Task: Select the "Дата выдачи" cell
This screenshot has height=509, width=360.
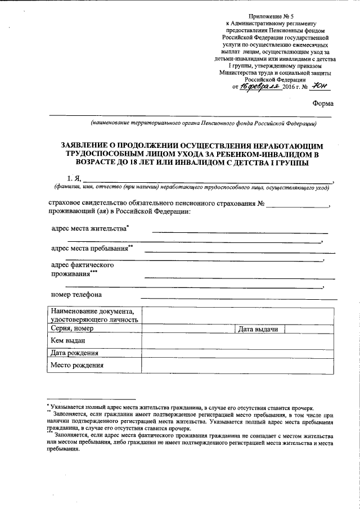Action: point(258,329)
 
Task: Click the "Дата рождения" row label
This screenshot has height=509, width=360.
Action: point(74,353)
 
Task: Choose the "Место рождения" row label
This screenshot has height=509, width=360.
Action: point(76,366)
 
